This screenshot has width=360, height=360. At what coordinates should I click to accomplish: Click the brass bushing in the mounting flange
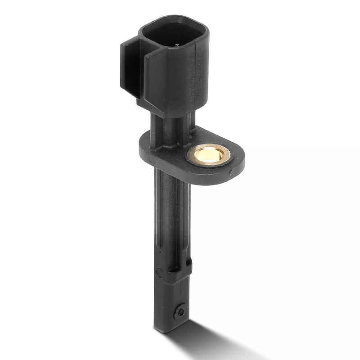[208, 155]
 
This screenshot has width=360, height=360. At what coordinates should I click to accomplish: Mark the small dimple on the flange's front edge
[231, 173]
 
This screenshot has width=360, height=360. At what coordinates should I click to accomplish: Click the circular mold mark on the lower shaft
[160, 272]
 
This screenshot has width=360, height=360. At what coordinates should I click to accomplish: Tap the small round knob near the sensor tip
[181, 310]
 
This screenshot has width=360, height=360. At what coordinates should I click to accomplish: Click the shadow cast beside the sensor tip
[211, 342]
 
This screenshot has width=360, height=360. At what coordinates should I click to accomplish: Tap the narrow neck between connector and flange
[173, 124]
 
